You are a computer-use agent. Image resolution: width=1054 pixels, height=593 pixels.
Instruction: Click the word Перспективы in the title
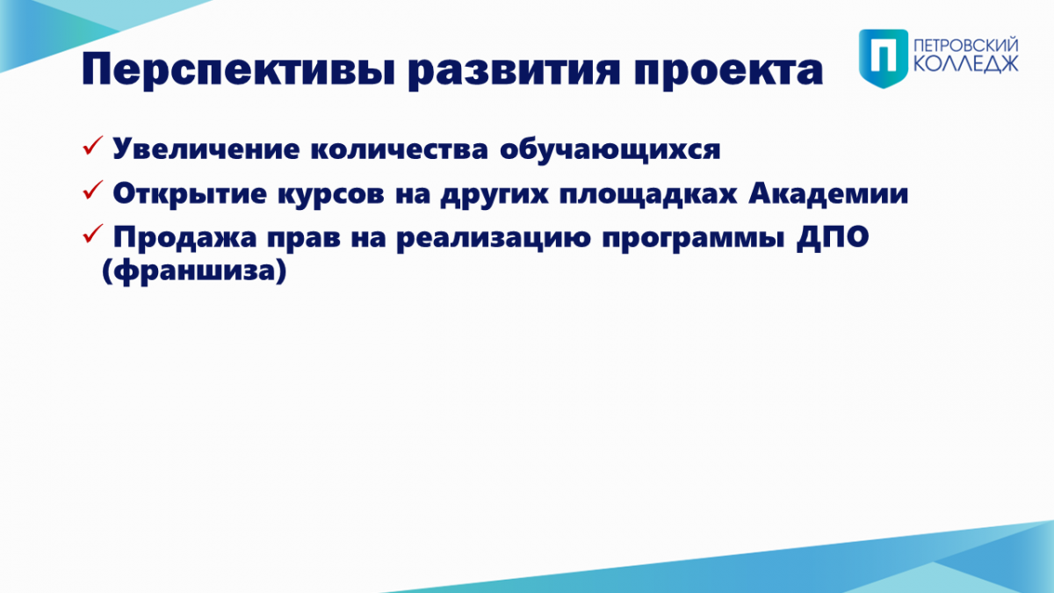coord(238,70)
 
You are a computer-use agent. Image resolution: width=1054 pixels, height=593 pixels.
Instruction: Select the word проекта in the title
coord(728,70)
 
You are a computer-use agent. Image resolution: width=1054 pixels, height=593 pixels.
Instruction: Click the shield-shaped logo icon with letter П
coord(884,58)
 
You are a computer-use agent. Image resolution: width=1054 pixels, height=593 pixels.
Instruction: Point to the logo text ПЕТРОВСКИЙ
coord(966,46)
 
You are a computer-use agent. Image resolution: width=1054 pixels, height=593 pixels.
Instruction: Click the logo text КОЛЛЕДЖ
coord(966,64)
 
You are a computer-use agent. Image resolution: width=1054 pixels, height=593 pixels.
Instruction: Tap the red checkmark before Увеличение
coord(93,146)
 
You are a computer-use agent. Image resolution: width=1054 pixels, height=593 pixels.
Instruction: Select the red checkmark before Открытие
coord(93,190)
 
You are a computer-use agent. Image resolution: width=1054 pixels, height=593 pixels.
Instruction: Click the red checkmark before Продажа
coord(93,234)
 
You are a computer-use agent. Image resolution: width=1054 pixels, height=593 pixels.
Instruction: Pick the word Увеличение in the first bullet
coord(206,149)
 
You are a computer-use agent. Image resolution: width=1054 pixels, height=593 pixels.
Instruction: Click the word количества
coord(400,149)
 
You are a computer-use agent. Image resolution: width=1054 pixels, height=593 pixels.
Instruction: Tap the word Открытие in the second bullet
coord(190,194)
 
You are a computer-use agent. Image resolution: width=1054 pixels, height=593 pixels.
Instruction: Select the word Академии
coord(828,193)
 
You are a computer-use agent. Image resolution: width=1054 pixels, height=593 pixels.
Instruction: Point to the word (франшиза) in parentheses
coord(194,271)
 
